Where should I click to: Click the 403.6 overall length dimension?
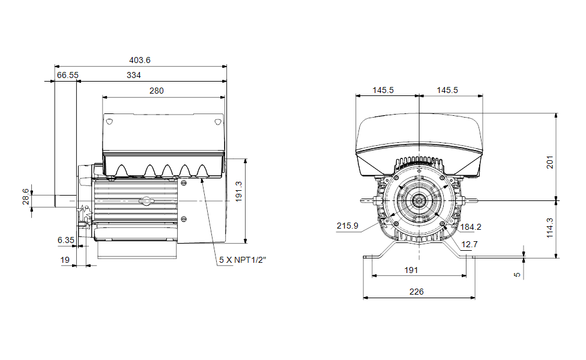point(140,60)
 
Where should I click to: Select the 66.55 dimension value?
point(68,75)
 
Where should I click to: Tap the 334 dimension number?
point(134,75)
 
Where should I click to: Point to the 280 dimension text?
point(157,91)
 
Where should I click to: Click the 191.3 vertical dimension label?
point(238,191)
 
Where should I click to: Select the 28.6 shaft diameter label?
point(25,196)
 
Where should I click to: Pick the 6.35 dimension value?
point(66,240)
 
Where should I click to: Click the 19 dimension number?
point(65,260)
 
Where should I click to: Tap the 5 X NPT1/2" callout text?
point(243,260)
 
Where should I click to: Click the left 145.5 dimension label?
point(383,91)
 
